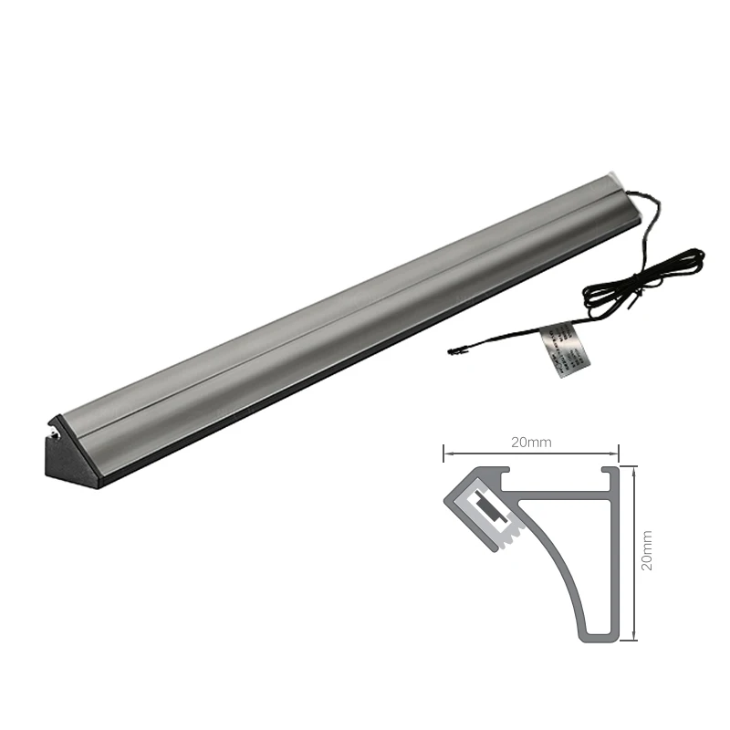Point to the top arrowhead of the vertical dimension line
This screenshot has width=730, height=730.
pos(634,468)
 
